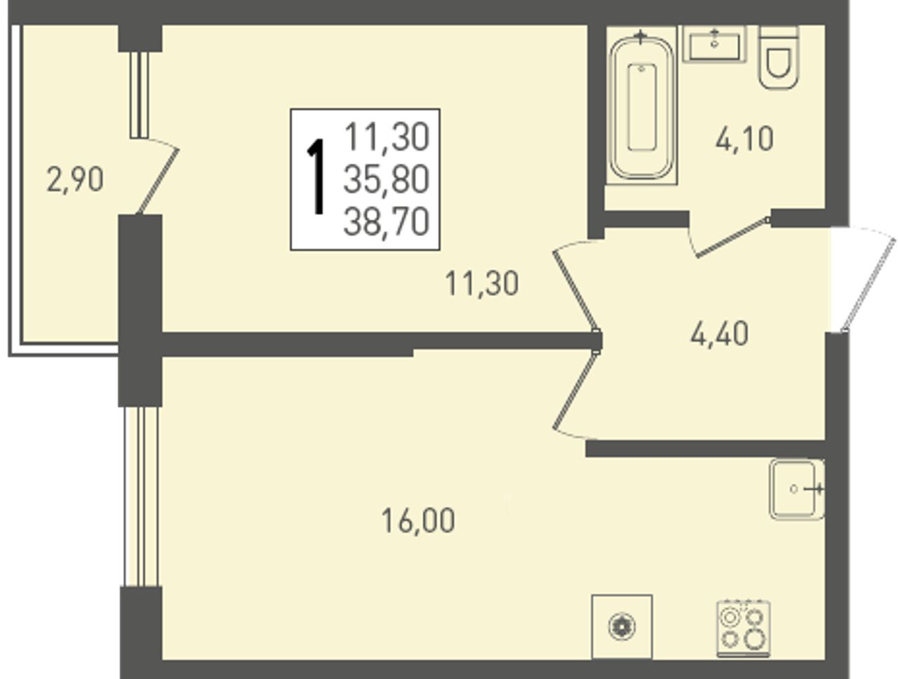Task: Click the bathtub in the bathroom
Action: [x=641, y=107]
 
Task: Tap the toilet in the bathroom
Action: [x=779, y=57]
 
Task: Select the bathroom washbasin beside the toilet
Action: [x=714, y=44]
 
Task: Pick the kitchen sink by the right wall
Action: [x=796, y=489]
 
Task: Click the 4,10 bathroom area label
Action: [x=744, y=139]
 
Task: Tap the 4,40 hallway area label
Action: [x=720, y=334]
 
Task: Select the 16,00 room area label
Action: [x=417, y=521]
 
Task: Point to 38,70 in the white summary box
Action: [x=387, y=222]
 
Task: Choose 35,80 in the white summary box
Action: [x=387, y=180]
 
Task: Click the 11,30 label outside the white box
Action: [x=481, y=284]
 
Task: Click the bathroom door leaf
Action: [x=732, y=237]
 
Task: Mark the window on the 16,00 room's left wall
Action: [x=141, y=496]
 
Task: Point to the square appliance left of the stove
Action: [x=622, y=626]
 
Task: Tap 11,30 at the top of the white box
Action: [x=387, y=137]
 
